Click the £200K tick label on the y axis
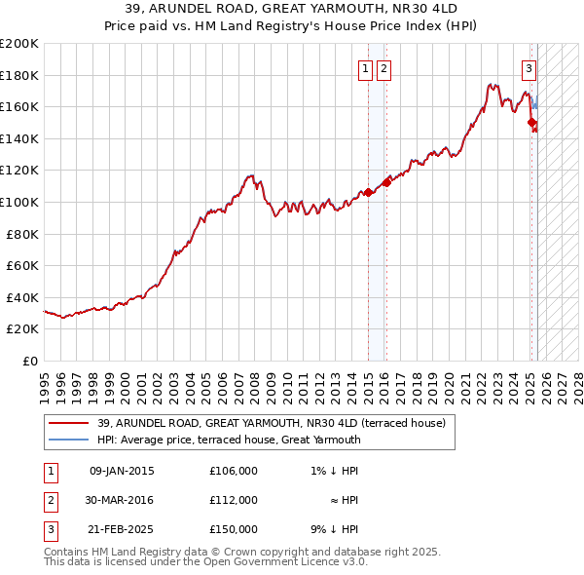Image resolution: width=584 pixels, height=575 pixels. tap(19, 44)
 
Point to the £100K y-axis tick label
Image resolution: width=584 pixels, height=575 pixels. tap(19, 202)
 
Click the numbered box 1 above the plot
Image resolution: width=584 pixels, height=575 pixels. tap(365, 68)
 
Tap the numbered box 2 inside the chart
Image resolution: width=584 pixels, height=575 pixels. tap(384, 68)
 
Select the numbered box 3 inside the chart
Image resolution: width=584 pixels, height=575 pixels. tap(529, 68)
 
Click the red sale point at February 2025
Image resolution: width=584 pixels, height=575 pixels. tap(531, 123)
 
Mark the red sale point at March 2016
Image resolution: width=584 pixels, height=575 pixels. tap(386, 182)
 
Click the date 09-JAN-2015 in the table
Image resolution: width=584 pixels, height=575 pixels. tap(122, 472)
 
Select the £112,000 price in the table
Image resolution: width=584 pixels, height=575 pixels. tap(233, 500)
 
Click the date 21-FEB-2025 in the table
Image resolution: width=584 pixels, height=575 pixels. tap(122, 529)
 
